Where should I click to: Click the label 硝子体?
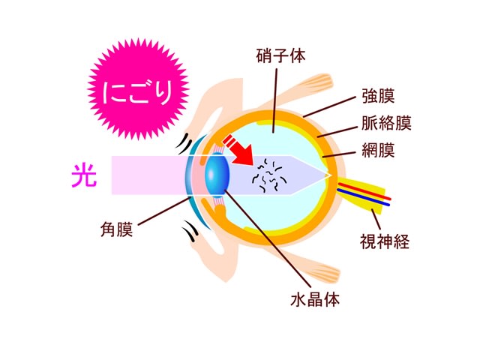coord(280,56)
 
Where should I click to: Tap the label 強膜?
coord(378,96)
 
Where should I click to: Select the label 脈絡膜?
coord(386,123)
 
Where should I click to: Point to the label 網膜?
coord(378,150)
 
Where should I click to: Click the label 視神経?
coord(385,241)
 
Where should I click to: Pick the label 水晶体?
coord(315,299)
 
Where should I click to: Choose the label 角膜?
coord(117,229)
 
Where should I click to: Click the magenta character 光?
coord(84,175)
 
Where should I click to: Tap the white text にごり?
coord(137,91)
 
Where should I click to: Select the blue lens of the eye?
coord(217,175)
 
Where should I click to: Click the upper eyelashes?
coord(184,142)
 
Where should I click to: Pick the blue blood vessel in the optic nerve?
coord(363,197)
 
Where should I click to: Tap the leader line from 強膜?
coord(329,106)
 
